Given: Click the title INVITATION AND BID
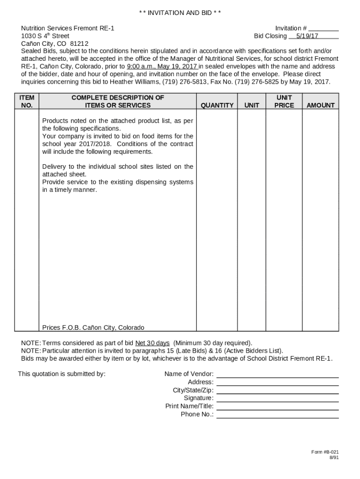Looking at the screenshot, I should pyautogui.click(x=180, y=13).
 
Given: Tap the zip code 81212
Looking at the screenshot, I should pyautogui.click(x=79, y=44).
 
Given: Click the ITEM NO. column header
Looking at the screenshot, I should pyautogui.click(x=27, y=102).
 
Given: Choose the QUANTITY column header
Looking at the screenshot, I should pyautogui.click(x=217, y=106).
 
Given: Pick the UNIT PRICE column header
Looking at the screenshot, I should pyautogui.click(x=284, y=102).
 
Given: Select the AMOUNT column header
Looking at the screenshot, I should pyautogui.click(x=320, y=106).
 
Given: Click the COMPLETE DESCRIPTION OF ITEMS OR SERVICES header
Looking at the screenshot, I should pyautogui.click(x=117, y=102).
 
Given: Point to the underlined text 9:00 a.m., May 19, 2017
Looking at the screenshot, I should pyautogui.click(x=162, y=66).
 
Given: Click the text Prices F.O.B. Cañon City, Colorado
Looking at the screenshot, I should pyautogui.click(x=93, y=327).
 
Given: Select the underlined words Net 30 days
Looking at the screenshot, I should pyautogui.click(x=152, y=343).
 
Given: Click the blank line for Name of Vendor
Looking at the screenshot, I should pyautogui.click(x=277, y=374).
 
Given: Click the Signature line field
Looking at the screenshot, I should pyautogui.click(x=277, y=398).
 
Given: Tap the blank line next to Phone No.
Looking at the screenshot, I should pyautogui.click(x=277, y=414).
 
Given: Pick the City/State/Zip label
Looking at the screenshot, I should pyautogui.click(x=193, y=390).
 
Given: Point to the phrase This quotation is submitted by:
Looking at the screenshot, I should pyautogui.click(x=62, y=374).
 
